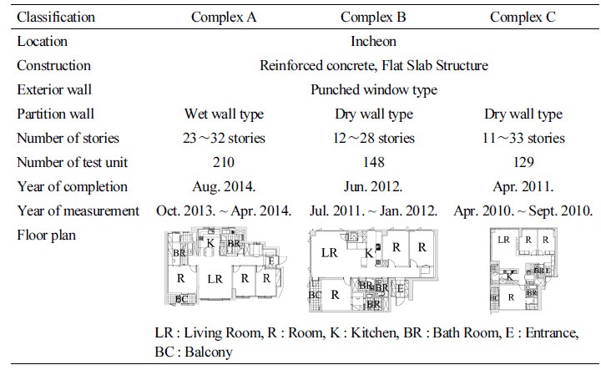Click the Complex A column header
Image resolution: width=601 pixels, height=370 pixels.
pyautogui.click(x=224, y=17)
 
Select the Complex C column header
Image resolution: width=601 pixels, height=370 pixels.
pyautogui.click(x=523, y=17)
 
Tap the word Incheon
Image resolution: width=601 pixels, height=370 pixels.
pyautogui.click(x=373, y=41)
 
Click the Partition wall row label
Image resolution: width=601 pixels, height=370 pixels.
pyautogui.click(x=56, y=114)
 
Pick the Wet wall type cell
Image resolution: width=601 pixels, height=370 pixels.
pyautogui.click(x=225, y=114)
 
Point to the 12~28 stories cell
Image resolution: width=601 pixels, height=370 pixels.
pyautogui.click(x=374, y=138)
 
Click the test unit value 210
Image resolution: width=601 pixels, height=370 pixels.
pyautogui.click(x=224, y=162)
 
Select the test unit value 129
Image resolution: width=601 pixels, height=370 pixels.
pyautogui.click(x=523, y=162)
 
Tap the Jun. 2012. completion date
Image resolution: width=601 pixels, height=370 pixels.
pyautogui.click(x=373, y=187)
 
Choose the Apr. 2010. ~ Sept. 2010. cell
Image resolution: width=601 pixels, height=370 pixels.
pyautogui.click(x=523, y=210)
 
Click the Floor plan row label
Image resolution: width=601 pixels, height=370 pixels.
pyautogui.click(x=47, y=235)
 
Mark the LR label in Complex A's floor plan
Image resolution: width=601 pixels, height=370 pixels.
pyautogui.click(x=215, y=279)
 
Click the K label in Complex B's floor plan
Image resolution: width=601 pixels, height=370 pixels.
pyautogui.click(x=369, y=253)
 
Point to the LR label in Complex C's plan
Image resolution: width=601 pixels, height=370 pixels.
pyautogui.click(x=503, y=240)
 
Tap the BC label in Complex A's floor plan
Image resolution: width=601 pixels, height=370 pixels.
pyautogui.click(x=182, y=299)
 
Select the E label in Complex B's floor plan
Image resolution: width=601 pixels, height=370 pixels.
pyautogui.click(x=400, y=289)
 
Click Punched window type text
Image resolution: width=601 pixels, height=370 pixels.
pyautogui.click(x=374, y=89)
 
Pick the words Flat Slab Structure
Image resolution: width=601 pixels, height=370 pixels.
pyautogui.click(x=435, y=66)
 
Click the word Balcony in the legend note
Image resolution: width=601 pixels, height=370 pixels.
pyautogui.click(x=209, y=352)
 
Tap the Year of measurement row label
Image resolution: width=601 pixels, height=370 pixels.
pyautogui.click(x=78, y=210)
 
